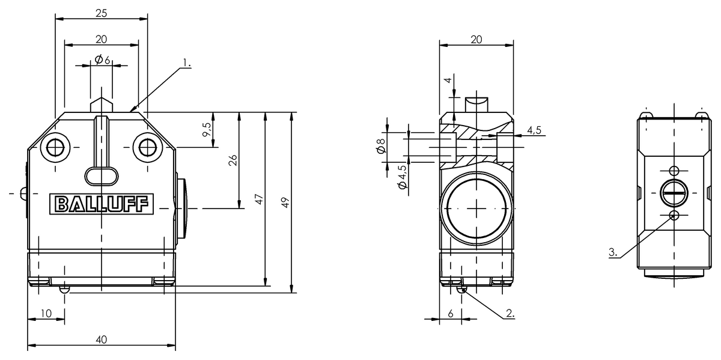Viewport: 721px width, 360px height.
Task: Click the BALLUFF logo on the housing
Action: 102,204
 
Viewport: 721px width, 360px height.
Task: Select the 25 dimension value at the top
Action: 101,13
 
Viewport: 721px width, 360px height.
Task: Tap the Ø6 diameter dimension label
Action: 102,59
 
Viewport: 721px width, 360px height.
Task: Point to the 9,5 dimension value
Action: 207,129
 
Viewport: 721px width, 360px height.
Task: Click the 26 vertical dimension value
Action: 233,160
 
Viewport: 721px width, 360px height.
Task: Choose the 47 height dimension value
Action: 259,199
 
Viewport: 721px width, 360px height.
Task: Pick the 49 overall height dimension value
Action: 285,203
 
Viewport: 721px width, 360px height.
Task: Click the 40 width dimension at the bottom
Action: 102,340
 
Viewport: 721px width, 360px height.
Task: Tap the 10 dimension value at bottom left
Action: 46,313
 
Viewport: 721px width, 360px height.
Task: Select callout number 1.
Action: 187,63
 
